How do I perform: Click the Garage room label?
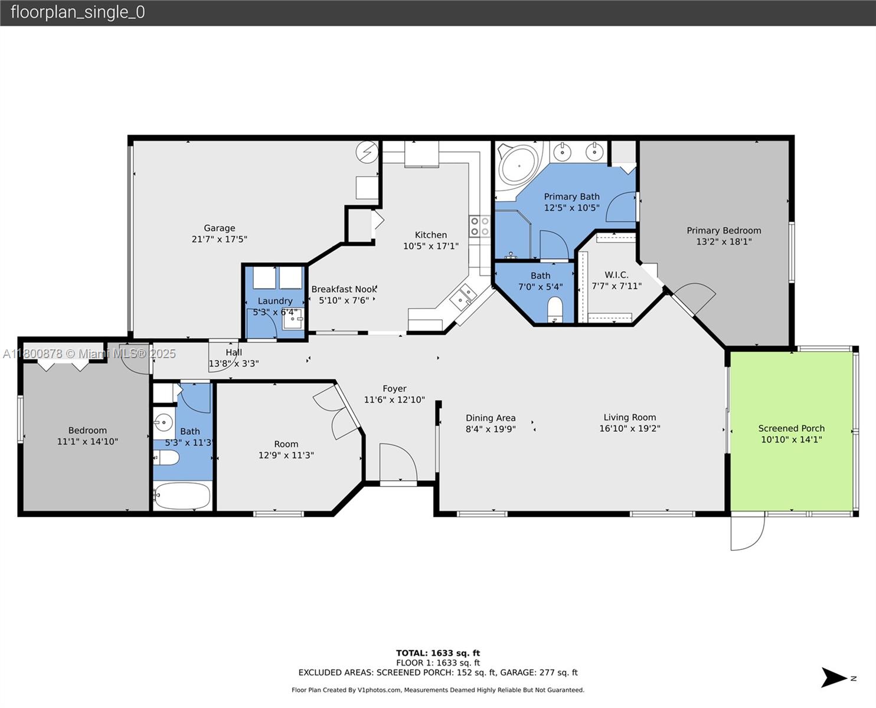point(219,228)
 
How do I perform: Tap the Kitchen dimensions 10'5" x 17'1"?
point(430,246)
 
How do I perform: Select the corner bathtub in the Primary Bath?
point(518,165)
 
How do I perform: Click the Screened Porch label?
point(791,428)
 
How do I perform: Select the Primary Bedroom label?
point(724,231)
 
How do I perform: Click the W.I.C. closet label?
point(616,275)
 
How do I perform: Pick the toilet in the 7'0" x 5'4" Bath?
point(555,310)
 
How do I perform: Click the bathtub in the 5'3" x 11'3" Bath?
point(182,496)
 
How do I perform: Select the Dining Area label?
point(491,418)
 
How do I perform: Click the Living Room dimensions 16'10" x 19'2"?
point(629,428)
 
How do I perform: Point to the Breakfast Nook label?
point(344,289)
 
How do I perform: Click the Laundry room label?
point(274,301)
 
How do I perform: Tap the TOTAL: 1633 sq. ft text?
point(437,653)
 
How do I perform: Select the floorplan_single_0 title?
point(77,12)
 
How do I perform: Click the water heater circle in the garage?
point(367,152)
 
